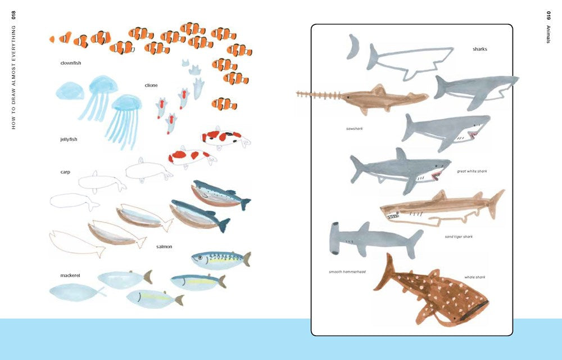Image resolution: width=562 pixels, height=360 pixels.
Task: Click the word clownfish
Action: (x=71, y=63)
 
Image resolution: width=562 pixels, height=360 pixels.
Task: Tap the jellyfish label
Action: (x=69, y=139)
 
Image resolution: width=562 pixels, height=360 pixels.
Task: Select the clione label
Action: (x=151, y=85)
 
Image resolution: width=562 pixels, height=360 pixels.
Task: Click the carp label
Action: (x=65, y=172)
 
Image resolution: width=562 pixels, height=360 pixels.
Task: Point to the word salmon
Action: (x=164, y=246)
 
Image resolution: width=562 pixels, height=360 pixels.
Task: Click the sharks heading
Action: (x=479, y=49)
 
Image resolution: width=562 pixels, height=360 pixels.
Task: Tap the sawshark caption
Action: (x=355, y=128)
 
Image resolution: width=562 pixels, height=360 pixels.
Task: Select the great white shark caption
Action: (x=472, y=171)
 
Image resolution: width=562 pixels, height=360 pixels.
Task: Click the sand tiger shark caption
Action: (x=459, y=237)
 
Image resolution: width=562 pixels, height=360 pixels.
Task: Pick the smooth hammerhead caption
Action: (x=347, y=272)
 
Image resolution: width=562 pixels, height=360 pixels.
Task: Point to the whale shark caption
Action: (x=474, y=277)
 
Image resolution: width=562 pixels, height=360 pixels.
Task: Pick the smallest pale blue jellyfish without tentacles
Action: (x=70, y=91)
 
